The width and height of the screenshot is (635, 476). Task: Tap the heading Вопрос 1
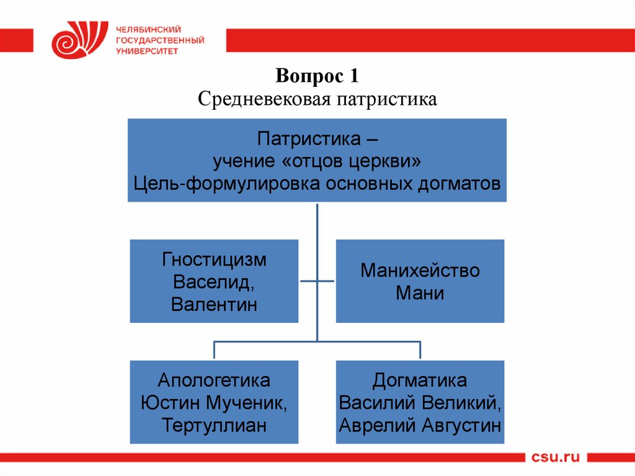click(x=317, y=77)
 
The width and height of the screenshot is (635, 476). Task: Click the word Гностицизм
click(x=214, y=259)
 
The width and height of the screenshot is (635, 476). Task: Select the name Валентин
click(x=214, y=304)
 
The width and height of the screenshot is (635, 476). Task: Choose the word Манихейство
click(x=420, y=271)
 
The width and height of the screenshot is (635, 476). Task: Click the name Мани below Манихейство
click(x=420, y=293)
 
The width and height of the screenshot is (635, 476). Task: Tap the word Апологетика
click(x=214, y=380)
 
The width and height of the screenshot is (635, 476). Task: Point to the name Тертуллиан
click(x=214, y=426)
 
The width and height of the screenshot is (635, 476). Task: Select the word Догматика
click(x=420, y=380)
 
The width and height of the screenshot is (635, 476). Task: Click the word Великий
click(x=463, y=403)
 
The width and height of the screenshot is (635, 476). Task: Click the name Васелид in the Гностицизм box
click(x=211, y=282)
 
